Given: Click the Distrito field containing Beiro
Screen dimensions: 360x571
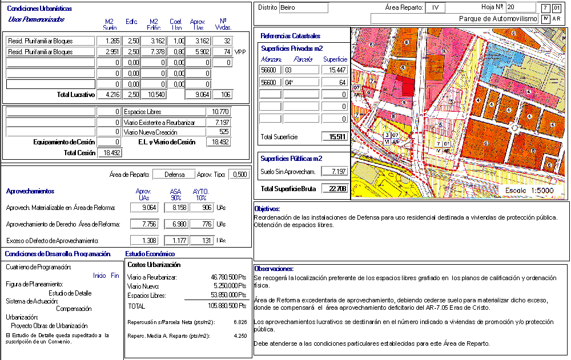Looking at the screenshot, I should tap(304, 7).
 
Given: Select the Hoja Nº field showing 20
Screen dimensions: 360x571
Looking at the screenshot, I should tap(521, 7).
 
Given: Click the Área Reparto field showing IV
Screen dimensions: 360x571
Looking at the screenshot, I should tap(436, 8).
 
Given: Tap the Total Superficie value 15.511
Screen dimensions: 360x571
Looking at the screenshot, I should tap(335, 137).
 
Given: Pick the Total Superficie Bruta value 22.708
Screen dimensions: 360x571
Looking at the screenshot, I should tap(335, 189).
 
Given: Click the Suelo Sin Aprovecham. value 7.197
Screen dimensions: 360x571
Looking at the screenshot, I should tap(335, 171).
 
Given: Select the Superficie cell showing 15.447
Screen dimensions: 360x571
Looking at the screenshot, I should tap(335, 70).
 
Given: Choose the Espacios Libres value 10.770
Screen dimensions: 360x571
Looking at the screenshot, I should tap(220, 112).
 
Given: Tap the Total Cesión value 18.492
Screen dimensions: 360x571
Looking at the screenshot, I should tap(109, 153).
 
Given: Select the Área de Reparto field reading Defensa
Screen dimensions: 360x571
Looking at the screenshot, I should tap(174, 175).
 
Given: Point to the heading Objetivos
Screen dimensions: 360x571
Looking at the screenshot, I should tap(267, 209).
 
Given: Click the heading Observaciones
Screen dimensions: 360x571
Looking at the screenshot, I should tap(274, 269).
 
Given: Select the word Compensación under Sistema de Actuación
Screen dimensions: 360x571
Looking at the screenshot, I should tap(74, 309).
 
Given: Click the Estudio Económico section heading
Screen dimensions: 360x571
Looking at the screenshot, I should tap(150, 254).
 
